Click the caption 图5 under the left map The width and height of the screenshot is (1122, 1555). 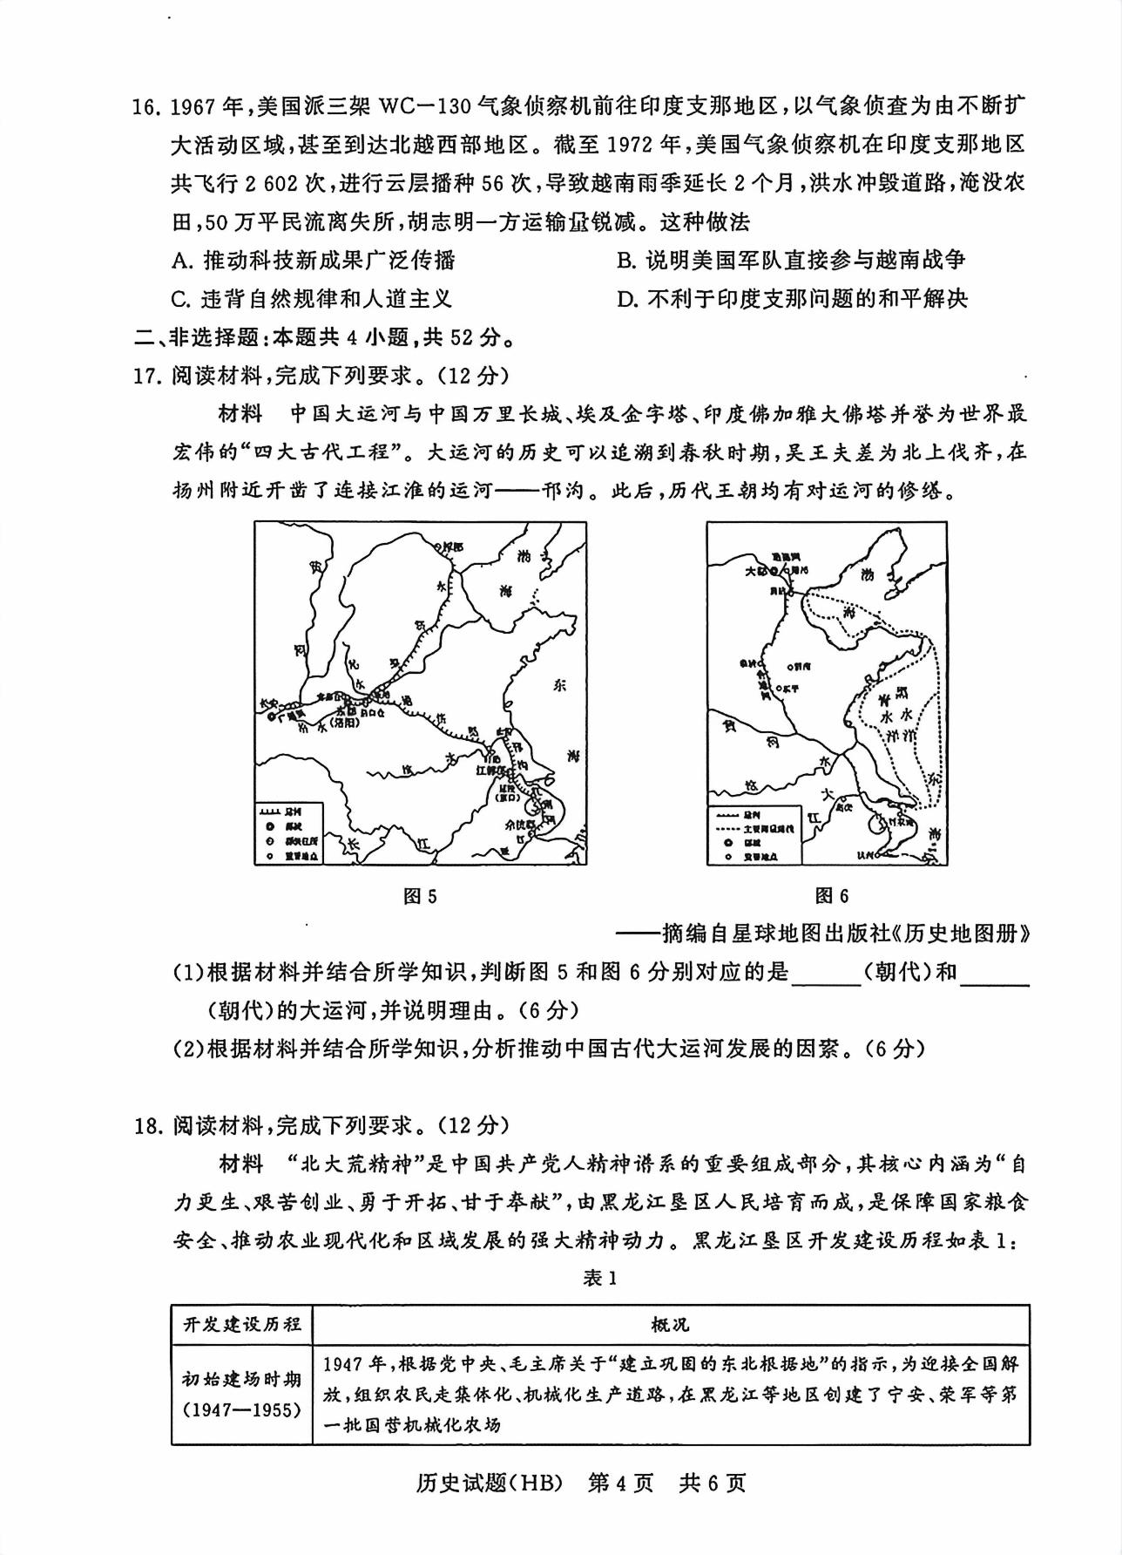coord(420,896)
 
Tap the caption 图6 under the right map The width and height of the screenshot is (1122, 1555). coord(831,896)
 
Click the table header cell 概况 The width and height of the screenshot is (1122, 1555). coord(670,1325)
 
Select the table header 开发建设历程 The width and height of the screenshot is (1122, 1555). coord(241,1325)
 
